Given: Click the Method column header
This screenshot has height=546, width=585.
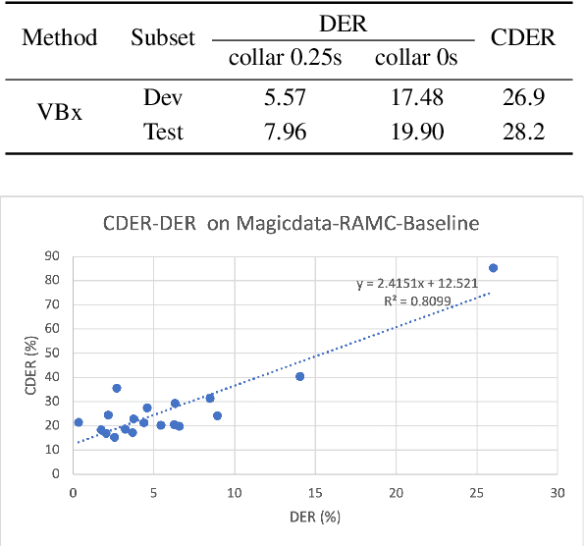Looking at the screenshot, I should pyautogui.click(x=60, y=38).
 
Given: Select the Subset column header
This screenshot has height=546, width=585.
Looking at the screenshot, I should pyautogui.click(x=163, y=38).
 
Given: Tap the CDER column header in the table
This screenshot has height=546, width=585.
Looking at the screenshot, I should pyautogui.click(x=524, y=38).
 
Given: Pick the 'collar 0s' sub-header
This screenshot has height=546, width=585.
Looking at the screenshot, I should pyautogui.click(x=416, y=57).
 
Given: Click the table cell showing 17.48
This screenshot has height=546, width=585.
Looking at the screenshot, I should pyautogui.click(x=416, y=98).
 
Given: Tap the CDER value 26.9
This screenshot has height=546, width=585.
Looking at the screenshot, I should pyautogui.click(x=524, y=98).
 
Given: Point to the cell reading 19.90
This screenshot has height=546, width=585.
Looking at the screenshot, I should pyautogui.click(x=416, y=131).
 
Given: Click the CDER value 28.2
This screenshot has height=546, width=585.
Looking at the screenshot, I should pyautogui.click(x=524, y=131).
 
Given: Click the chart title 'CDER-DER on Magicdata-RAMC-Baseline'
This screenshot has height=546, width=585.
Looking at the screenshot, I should pyautogui.click(x=292, y=223).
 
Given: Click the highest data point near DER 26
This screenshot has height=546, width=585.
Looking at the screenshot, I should pyautogui.click(x=493, y=268).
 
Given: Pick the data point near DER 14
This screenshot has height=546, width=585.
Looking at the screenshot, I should pyautogui.click(x=299, y=376).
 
